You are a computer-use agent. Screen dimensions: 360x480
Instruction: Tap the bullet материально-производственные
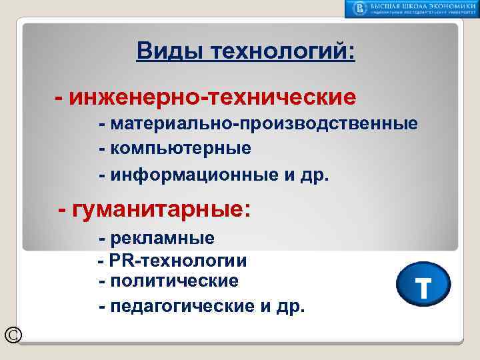coord(263,124)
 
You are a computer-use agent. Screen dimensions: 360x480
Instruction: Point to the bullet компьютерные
coord(180,147)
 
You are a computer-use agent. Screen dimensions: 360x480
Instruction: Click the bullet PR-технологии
coord(177,260)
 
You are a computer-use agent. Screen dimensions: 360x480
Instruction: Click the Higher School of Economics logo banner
coord(411,9)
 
